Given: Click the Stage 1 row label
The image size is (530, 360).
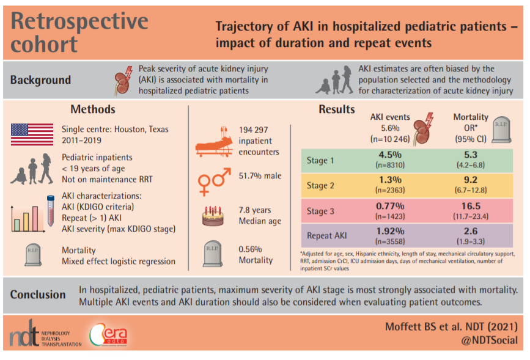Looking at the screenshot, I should pyautogui.click(x=321, y=161).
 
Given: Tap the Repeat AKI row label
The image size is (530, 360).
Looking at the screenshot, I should pyautogui.click(x=327, y=235).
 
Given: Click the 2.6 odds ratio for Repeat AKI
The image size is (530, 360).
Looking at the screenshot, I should pyautogui.click(x=470, y=231).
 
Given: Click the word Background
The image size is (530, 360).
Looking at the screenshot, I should pyautogui.click(x=40, y=80).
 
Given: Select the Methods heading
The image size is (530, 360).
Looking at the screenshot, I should pyautogui.click(x=92, y=109).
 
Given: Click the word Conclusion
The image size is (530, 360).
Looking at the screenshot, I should pyautogui.click(x=38, y=295).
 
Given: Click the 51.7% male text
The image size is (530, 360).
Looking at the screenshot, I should pyautogui.click(x=260, y=176).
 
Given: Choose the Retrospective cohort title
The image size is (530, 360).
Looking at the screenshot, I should pyautogui.click(x=79, y=32).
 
